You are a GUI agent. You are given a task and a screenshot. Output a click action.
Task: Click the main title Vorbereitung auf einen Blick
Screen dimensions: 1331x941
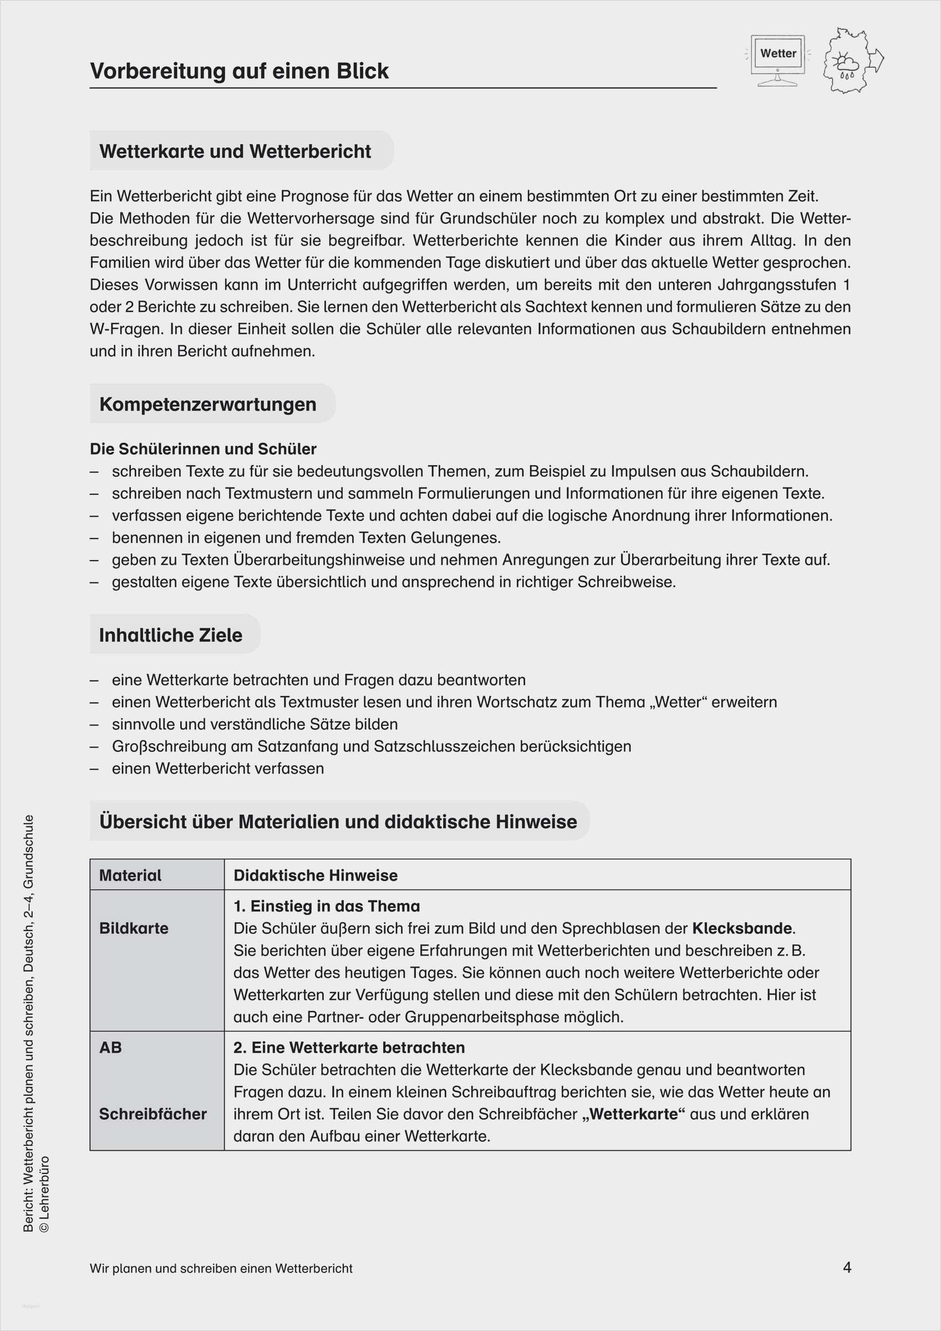click(239, 71)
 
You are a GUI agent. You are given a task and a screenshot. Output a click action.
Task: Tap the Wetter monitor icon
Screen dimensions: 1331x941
click(777, 60)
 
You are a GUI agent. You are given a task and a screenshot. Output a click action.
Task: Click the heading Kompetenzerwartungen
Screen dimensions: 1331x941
click(207, 404)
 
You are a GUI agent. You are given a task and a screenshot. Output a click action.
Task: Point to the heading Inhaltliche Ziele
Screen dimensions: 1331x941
click(170, 635)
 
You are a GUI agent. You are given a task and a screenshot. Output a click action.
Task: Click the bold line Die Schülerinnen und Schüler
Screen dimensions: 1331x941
click(203, 449)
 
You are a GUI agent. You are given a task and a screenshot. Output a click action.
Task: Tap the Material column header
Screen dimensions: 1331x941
click(130, 875)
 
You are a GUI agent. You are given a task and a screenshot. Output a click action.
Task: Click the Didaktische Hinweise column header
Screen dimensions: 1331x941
click(316, 875)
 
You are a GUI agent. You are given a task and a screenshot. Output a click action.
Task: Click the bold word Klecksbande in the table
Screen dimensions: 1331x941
click(741, 928)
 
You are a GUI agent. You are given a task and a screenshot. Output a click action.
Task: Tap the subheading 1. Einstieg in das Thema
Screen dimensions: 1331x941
click(327, 906)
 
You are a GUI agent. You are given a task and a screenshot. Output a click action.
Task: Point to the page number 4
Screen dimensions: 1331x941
click(847, 1267)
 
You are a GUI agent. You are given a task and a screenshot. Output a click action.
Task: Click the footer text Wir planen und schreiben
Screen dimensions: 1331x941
click(221, 1268)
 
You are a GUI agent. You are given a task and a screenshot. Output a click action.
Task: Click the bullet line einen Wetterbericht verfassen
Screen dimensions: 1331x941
click(217, 768)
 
